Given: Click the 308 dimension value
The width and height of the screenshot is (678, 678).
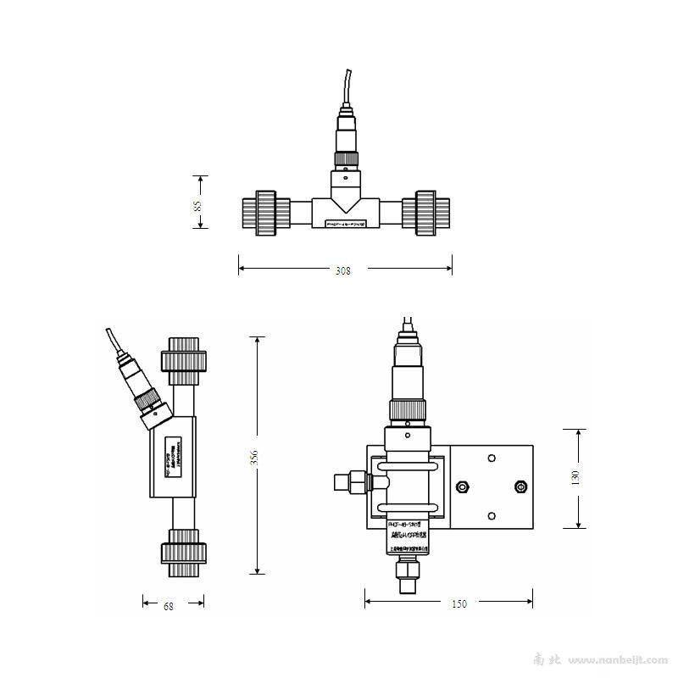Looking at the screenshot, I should click(343, 270).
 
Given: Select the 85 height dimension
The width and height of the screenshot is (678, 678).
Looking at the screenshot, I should click(197, 205).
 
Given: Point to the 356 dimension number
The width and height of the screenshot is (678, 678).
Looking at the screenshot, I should click(253, 458).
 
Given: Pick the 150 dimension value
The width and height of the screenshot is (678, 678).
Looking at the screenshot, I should click(458, 604).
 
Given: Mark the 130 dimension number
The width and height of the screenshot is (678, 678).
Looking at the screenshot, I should click(575, 477).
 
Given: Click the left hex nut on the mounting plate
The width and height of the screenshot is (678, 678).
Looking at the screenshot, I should click(463, 486).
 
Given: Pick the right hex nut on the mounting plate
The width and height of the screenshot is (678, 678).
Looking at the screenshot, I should click(520, 486).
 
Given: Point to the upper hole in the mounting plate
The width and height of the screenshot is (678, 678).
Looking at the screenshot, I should click(492, 458).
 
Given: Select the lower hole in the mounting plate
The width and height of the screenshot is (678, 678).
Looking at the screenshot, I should click(492, 514).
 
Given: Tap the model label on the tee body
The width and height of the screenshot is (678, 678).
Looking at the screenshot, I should click(345, 224).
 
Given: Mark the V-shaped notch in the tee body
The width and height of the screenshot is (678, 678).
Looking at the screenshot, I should click(345, 201).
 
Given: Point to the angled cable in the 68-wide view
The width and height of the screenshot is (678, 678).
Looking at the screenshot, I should click(116, 344).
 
